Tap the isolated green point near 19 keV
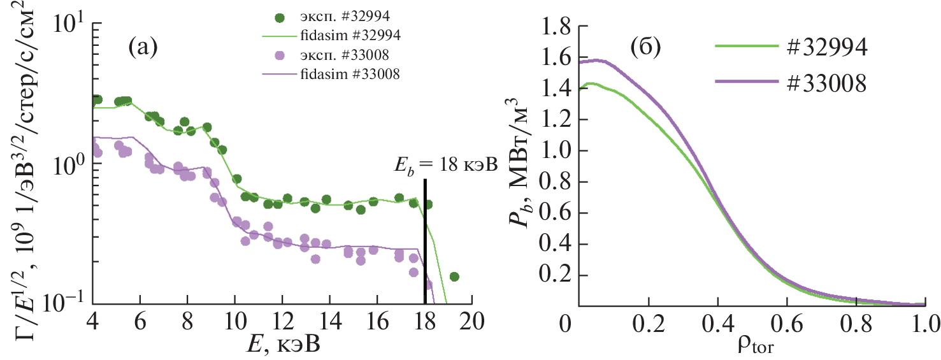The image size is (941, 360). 454,277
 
